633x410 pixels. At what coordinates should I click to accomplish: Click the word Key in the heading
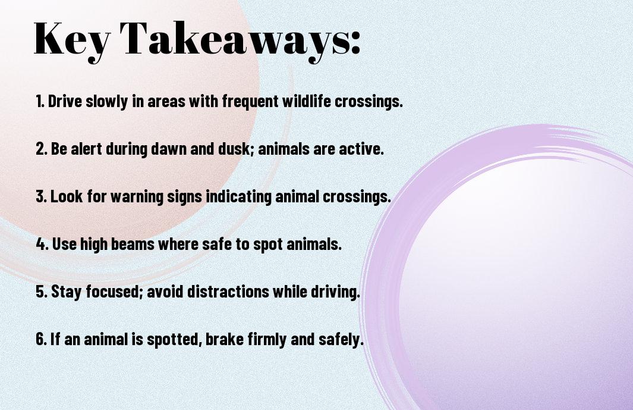[x=71, y=40]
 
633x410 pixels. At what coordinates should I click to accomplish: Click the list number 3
[x=42, y=197]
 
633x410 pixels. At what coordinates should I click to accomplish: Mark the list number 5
[x=42, y=292]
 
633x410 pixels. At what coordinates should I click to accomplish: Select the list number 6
[x=42, y=339]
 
